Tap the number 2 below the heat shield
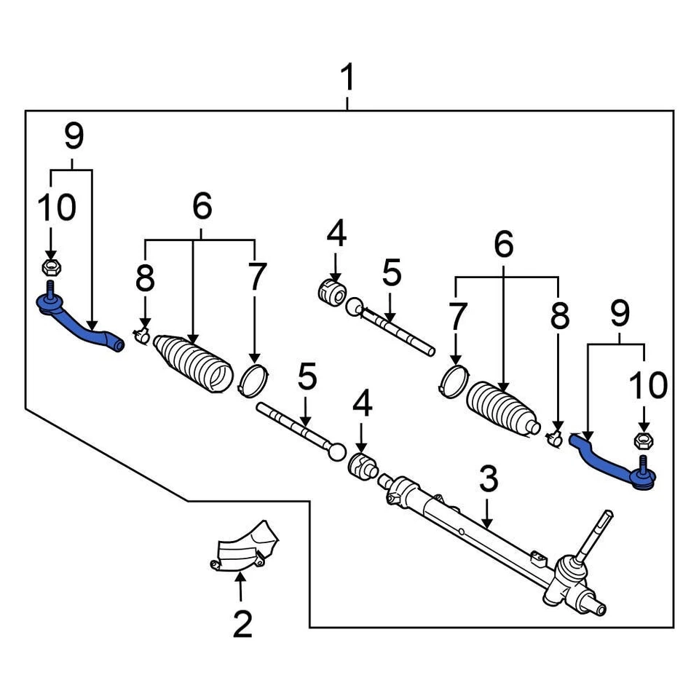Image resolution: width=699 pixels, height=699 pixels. click(x=242, y=623)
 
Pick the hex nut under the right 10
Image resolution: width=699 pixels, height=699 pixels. click(x=643, y=440)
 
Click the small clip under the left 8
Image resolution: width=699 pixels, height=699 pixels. click(x=142, y=335)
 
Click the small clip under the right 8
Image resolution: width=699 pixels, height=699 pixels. click(x=555, y=437)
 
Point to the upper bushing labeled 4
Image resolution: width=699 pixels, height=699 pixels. click(x=332, y=291)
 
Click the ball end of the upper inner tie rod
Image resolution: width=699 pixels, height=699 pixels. click(x=354, y=307)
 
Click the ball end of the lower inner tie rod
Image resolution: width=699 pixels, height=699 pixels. click(x=336, y=451)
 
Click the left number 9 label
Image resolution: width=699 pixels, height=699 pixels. click(x=74, y=135)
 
